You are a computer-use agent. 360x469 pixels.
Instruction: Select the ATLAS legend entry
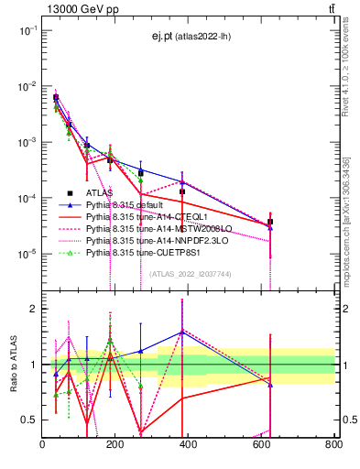(x=102, y=193)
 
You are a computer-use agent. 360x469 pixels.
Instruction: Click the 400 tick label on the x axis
(x=188, y=444)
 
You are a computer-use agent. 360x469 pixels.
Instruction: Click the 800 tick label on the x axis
(x=333, y=444)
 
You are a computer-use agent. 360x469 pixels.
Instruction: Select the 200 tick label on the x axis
(x=115, y=444)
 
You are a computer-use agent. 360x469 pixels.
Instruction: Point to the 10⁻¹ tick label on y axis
(x=27, y=30)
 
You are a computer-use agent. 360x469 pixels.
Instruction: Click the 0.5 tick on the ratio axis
(x=30, y=420)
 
